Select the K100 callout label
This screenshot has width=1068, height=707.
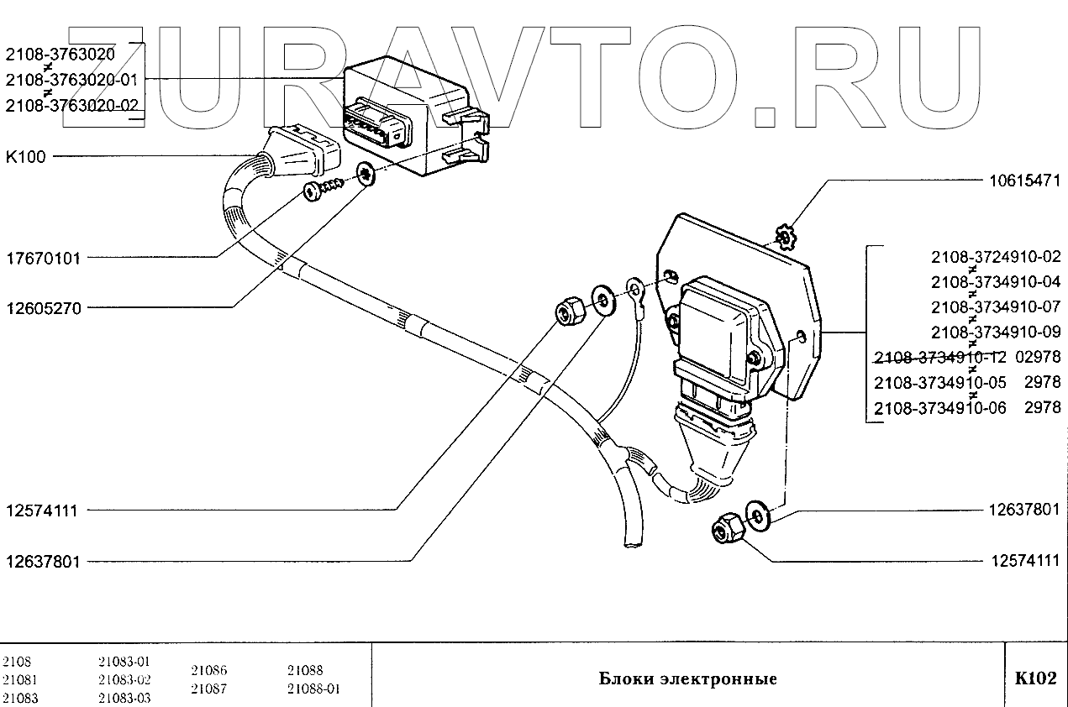[x=26, y=157]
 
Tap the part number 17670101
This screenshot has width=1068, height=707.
[x=43, y=259]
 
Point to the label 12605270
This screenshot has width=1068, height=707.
[x=43, y=308]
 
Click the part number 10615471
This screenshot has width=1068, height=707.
[x=1024, y=180]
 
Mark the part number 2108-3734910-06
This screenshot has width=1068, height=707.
[x=939, y=408]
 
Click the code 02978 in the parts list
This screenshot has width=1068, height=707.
[x=1038, y=357]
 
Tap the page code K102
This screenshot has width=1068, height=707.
[x=1035, y=678]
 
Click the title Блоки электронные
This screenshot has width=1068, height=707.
[x=687, y=679]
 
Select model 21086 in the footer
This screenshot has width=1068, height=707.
[x=208, y=671]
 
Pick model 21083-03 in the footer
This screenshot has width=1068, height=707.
[x=124, y=698]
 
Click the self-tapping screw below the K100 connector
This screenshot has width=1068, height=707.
[x=324, y=189]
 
